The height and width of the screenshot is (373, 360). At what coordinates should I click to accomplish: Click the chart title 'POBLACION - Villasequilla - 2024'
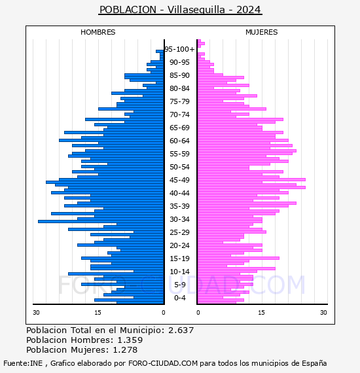(x=180, y=10)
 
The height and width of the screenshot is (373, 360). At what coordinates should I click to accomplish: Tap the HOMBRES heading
(x=98, y=32)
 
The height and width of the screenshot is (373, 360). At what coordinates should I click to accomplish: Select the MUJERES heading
(x=262, y=32)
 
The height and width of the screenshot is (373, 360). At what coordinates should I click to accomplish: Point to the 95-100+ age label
(x=179, y=49)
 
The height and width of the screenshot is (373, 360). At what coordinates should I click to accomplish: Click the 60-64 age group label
(x=179, y=141)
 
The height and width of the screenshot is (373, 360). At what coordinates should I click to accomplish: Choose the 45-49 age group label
(x=179, y=180)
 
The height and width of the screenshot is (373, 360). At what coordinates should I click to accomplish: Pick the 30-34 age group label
(x=179, y=219)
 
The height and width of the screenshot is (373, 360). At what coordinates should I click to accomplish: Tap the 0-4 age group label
(x=180, y=298)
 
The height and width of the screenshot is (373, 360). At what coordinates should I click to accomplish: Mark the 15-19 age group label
(x=179, y=258)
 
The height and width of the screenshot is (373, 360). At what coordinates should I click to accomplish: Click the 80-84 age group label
(x=179, y=88)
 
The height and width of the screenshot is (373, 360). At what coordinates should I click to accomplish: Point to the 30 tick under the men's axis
(x=36, y=312)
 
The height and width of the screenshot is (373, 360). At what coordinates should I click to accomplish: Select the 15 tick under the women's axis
(x=261, y=312)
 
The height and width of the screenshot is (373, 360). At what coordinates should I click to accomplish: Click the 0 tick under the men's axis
(x=163, y=312)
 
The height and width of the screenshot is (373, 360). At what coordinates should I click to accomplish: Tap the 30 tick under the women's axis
(x=323, y=312)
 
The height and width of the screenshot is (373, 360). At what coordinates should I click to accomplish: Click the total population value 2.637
(x=181, y=330)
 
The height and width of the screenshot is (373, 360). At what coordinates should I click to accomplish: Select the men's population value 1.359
(x=130, y=340)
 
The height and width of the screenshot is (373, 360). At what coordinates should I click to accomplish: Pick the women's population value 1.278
(x=125, y=349)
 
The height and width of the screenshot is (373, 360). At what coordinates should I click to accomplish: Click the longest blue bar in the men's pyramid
(x=101, y=222)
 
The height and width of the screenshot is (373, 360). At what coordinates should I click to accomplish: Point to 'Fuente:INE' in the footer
(x=23, y=363)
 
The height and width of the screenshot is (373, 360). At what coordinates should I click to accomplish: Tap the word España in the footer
(x=314, y=363)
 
